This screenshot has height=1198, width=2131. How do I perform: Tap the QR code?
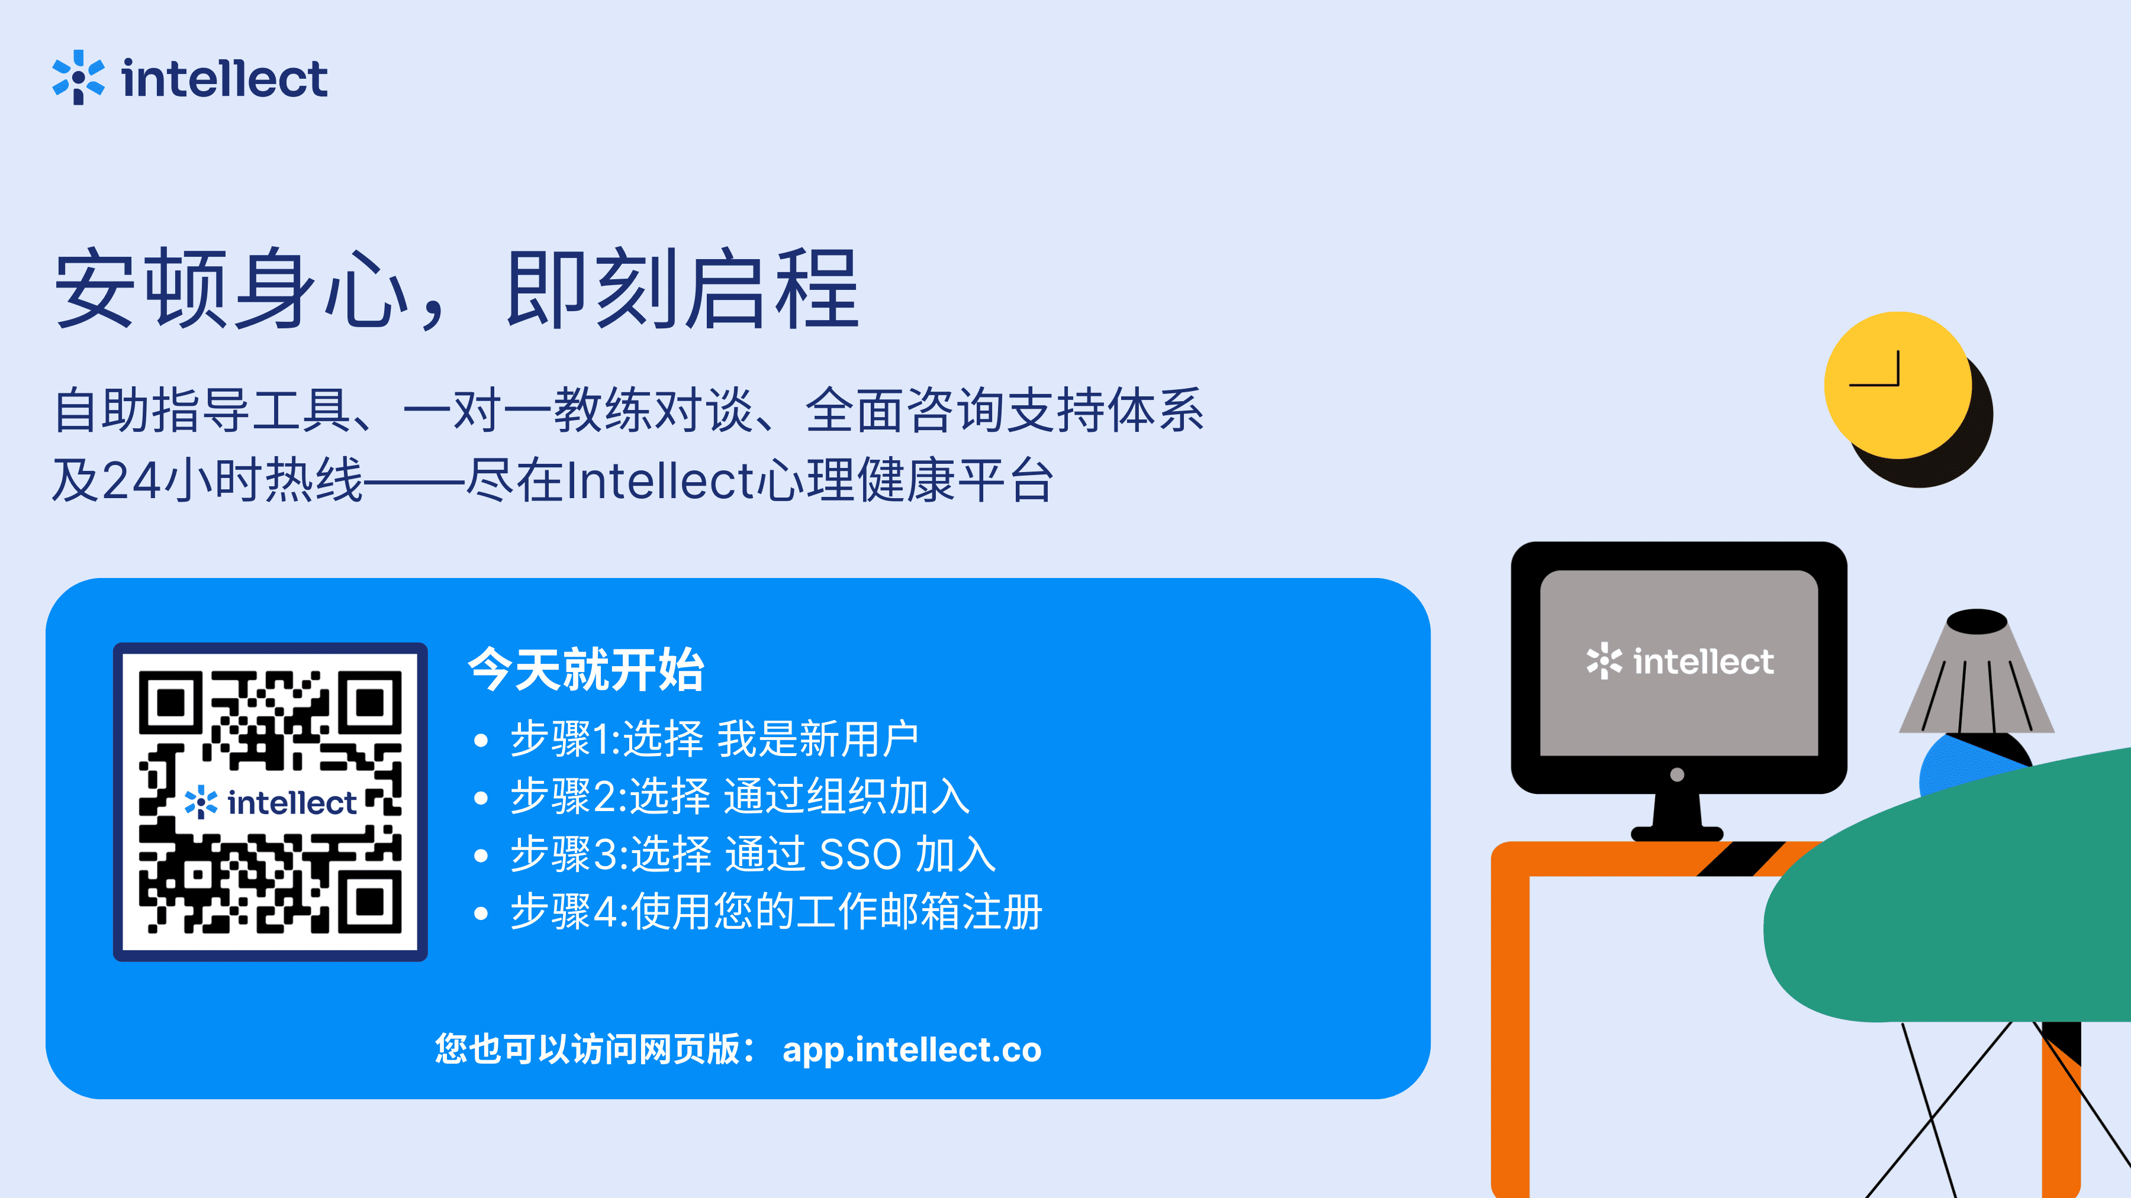(271, 802)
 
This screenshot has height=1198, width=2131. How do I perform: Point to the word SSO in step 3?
(860, 854)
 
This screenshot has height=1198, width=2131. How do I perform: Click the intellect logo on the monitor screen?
(1680, 661)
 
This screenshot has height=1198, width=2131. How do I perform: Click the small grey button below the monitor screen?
(1678, 774)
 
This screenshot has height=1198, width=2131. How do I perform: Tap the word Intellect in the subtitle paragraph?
(660, 481)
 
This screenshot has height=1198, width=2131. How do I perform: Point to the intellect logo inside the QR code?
(271, 803)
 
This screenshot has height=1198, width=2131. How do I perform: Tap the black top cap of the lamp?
(1977, 622)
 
